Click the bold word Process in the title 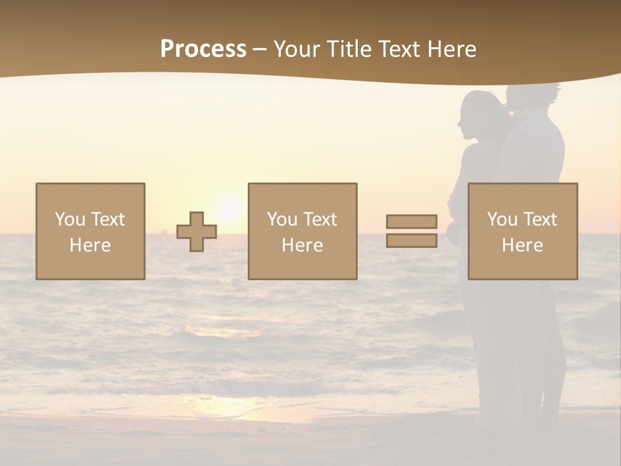coord(203,49)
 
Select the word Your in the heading coord(297,49)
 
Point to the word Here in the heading coord(452,49)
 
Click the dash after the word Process coord(259,49)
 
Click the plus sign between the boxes coord(197,232)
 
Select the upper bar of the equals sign coord(411,221)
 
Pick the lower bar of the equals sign coord(411,241)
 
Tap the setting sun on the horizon coord(228,208)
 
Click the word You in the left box coord(69,219)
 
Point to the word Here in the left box coord(90,245)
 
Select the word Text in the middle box coord(320,219)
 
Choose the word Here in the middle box coord(302,245)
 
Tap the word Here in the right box coord(522,245)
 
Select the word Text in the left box coord(107,219)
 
